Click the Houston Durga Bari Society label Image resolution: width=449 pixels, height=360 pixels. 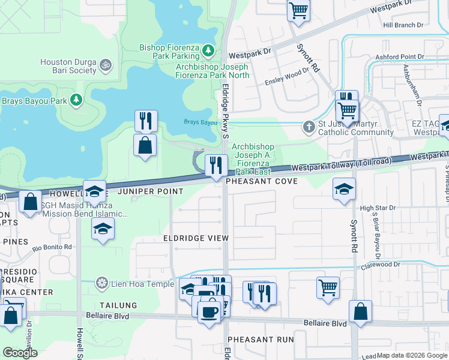click(68, 66)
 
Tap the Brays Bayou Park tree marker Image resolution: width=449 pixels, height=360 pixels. click(76, 100)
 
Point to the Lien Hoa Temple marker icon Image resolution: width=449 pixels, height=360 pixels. click(103, 283)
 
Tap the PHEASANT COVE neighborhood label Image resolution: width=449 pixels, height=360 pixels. click(262, 181)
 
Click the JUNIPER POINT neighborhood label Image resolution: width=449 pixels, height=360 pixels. click(150, 191)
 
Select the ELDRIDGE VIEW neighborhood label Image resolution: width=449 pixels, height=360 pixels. click(196, 238)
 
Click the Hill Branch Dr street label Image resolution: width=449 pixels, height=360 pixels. click(403, 25)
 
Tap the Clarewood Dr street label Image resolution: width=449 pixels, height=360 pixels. click(380, 265)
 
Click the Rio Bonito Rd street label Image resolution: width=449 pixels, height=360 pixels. click(52, 247)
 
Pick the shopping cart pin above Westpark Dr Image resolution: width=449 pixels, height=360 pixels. click(298, 10)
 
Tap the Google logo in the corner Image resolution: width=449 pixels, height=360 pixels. click(20, 353)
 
